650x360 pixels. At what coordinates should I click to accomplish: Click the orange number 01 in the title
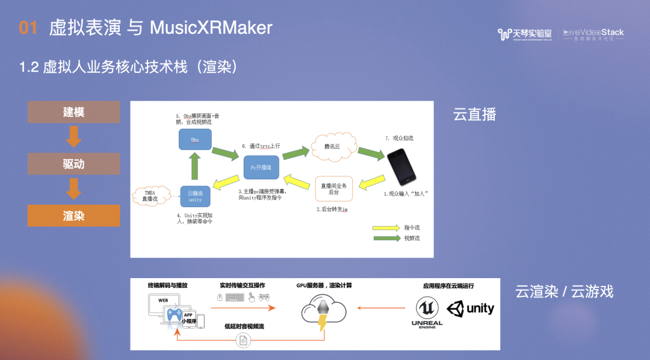click(28, 28)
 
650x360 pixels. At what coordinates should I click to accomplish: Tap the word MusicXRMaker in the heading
click(211, 28)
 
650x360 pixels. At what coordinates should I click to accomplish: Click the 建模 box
click(73, 112)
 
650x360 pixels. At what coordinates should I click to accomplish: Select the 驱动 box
click(73, 164)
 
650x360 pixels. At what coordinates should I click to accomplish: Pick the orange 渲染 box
click(73, 216)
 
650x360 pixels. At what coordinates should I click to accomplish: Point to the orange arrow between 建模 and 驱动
click(73, 138)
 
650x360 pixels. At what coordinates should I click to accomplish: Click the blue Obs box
click(195, 140)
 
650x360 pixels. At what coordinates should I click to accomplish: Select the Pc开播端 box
click(261, 167)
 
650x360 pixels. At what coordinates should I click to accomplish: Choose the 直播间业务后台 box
click(334, 188)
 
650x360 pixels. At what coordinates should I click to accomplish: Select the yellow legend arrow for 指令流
click(386, 228)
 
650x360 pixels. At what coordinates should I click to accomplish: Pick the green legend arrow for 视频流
click(386, 238)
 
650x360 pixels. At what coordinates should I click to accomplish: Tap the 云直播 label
click(475, 114)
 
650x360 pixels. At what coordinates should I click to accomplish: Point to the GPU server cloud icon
click(323, 311)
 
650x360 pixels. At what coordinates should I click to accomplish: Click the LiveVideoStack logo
click(593, 34)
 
